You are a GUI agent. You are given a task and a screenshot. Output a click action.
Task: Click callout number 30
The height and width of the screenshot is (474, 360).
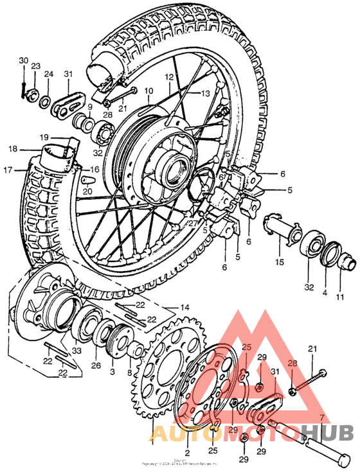[x=23, y=60]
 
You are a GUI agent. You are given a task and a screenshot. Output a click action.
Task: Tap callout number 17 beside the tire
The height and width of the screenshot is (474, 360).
[x=8, y=170]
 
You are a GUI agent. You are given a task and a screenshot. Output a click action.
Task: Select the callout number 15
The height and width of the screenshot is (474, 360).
[x=280, y=263]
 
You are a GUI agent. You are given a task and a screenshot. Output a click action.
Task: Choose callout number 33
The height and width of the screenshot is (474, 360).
[x=76, y=351]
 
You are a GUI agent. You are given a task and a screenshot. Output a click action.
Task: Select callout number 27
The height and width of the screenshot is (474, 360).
[x=192, y=223]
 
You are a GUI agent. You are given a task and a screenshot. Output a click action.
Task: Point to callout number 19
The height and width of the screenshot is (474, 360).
[x=44, y=137]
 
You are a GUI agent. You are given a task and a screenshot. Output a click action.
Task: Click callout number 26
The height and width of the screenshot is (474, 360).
[x=96, y=367]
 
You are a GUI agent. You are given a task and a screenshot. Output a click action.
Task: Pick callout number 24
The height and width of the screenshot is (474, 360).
[x=48, y=75]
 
